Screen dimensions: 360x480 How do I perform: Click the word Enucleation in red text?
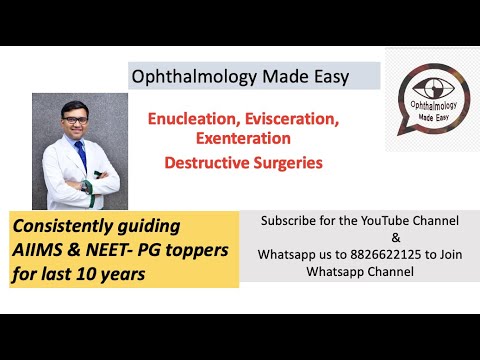click(x=184, y=119)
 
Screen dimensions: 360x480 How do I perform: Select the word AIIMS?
click(x=36, y=247)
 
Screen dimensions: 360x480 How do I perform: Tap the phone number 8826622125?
click(x=369, y=255)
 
